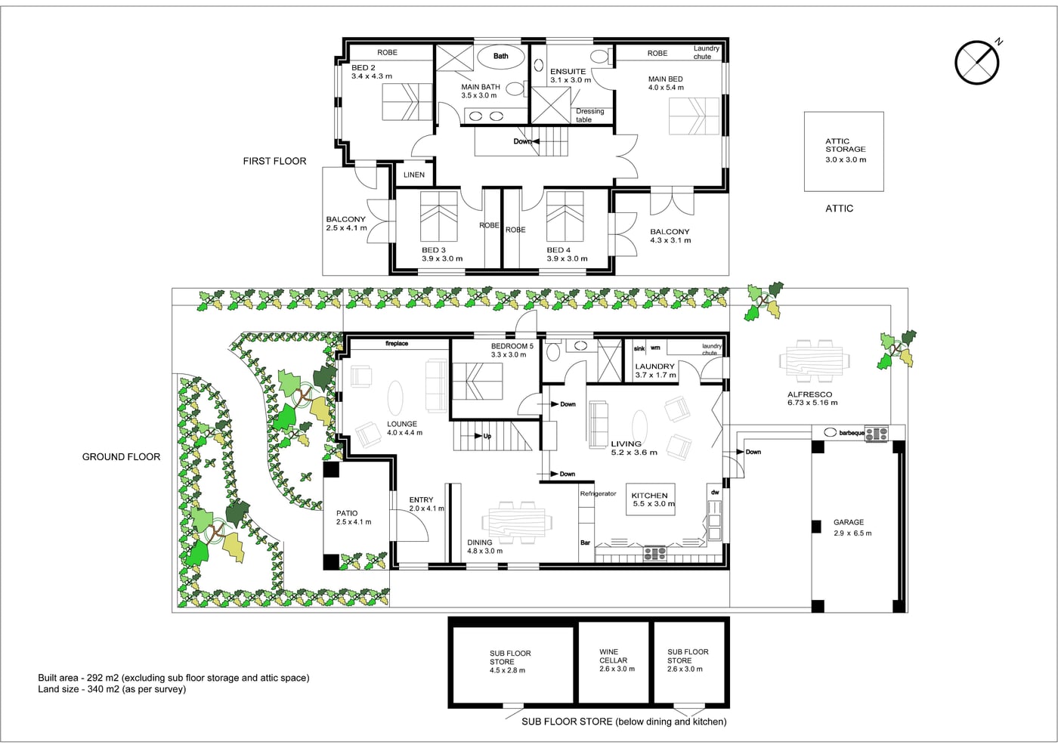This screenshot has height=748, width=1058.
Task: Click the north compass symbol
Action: tap(977, 62)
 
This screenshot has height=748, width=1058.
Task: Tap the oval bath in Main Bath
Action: tap(500, 57)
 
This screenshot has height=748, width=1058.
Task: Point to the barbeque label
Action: tap(852, 432)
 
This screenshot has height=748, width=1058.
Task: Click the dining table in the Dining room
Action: tap(517, 522)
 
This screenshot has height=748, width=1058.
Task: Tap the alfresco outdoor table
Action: tap(815, 361)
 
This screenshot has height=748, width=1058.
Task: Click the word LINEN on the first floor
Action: tap(414, 175)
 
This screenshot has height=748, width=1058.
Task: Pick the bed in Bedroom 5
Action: tap(477, 381)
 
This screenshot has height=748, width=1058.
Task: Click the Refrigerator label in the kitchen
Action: tap(598, 493)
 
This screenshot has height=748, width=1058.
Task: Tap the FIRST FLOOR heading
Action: tap(274, 161)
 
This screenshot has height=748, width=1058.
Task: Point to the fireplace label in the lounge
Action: tap(396, 343)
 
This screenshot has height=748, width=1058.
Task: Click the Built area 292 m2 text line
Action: tap(174, 678)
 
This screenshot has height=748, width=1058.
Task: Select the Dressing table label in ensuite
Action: tap(590, 115)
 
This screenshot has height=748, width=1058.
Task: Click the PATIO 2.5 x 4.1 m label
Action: tap(354, 517)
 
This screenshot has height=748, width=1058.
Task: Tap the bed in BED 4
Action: tap(565, 216)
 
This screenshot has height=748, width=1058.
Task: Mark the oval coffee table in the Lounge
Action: tap(395, 398)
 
